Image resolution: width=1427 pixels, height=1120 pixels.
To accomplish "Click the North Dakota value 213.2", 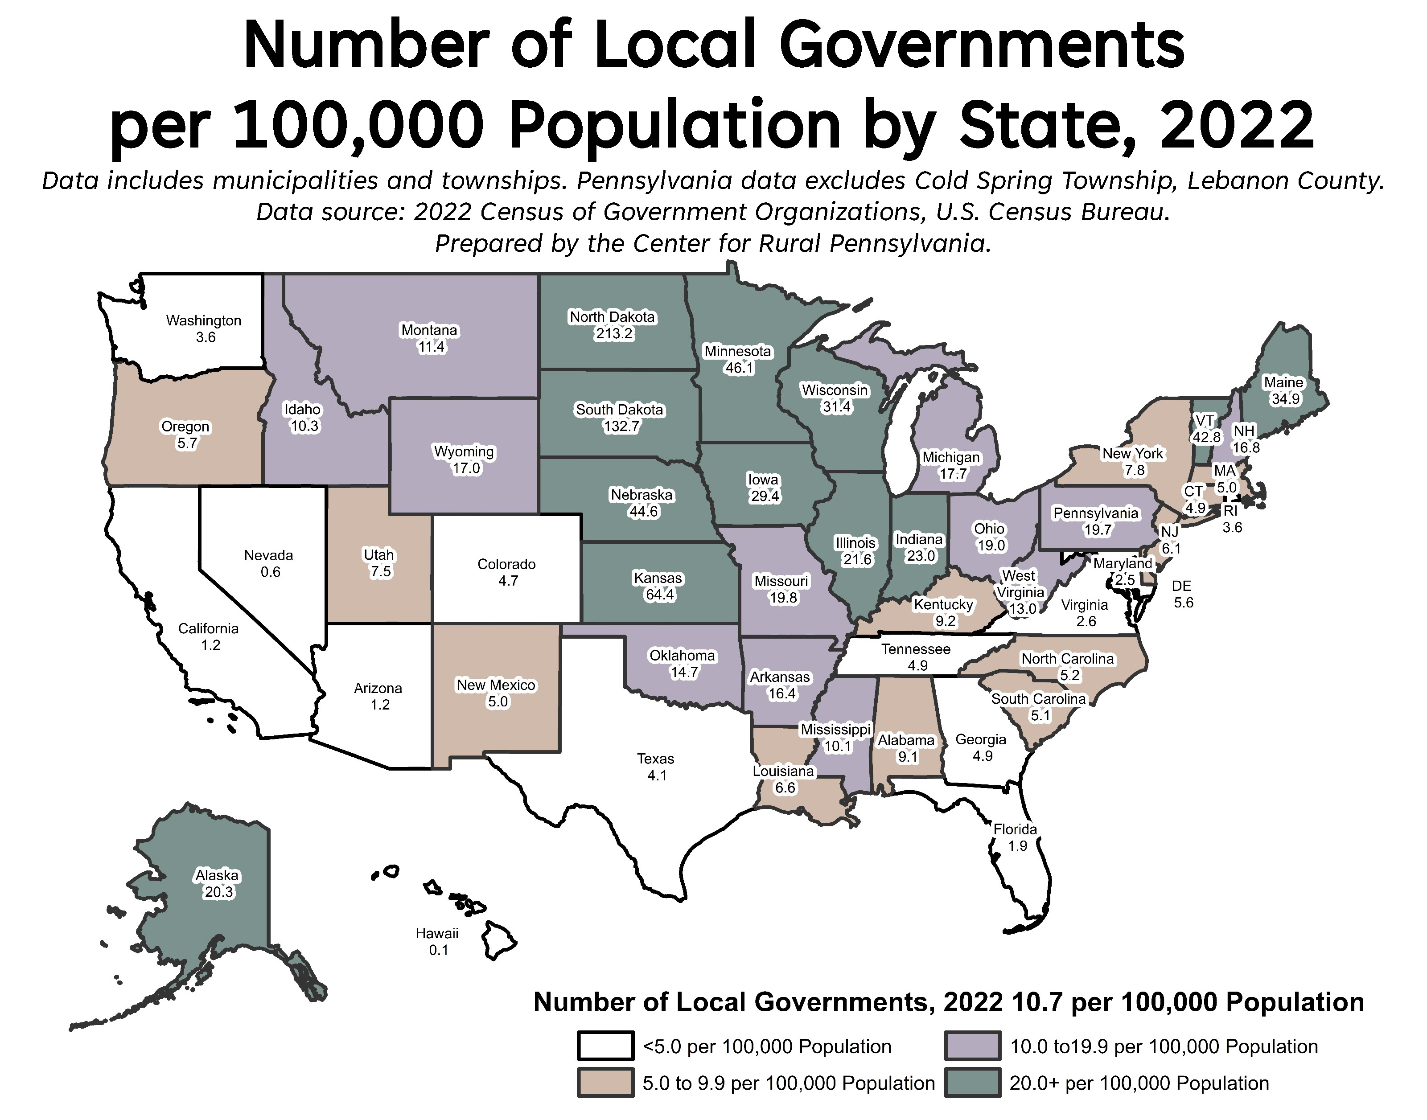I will pyautogui.click(x=614, y=334).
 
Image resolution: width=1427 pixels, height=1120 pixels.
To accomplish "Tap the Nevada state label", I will pyautogui.click(x=268, y=555).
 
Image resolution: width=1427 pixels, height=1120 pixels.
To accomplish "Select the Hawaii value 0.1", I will pyautogui.click(x=438, y=950).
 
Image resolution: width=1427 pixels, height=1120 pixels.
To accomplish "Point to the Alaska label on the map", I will pyautogui.click(x=217, y=875).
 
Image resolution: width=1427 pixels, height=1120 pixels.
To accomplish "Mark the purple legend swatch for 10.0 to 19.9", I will pyautogui.click(x=973, y=1046).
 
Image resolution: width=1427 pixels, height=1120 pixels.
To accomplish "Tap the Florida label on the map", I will pyautogui.click(x=1015, y=829).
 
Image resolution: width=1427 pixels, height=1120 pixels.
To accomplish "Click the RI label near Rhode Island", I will pyautogui.click(x=1230, y=510).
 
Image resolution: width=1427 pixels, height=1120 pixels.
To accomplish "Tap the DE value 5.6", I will pyautogui.click(x=1183, y=603).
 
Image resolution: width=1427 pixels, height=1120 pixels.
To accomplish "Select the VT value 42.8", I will pyautogui.click(x=1207, y=437).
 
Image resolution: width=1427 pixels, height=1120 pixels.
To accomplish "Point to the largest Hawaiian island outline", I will pyautogui.click(x=498, y=939).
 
